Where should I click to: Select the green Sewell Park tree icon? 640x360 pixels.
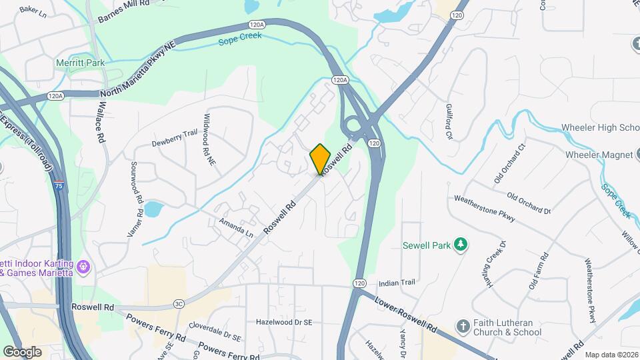459,245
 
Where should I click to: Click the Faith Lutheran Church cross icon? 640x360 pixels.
463,327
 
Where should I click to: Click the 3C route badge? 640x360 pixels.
179,304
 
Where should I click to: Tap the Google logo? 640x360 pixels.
22,351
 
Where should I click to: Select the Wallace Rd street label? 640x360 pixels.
102,121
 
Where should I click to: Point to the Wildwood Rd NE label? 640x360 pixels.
209,139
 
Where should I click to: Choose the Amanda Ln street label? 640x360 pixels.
237,231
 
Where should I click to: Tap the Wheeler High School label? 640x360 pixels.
600,127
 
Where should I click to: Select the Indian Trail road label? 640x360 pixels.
397,283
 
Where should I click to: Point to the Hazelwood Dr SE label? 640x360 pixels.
284,322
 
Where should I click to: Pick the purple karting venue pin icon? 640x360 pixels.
83,267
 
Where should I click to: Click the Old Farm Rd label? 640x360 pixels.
538,271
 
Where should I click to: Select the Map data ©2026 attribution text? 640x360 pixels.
611,354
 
